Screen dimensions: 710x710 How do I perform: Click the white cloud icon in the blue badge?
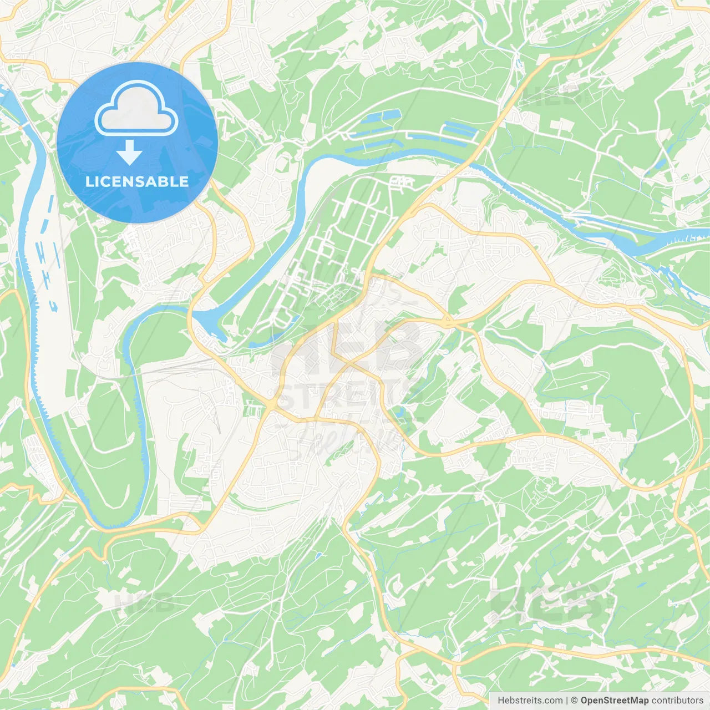136,108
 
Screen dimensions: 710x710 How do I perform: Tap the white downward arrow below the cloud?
129,153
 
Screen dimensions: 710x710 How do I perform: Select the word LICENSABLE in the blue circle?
137,181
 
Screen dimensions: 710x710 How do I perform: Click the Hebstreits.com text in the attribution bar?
530,700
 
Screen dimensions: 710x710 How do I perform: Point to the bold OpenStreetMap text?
615,700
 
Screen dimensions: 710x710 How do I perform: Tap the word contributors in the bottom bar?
677,700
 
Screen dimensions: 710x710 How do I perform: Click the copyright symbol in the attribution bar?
575,700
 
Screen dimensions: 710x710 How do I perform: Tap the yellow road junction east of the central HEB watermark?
449,322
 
